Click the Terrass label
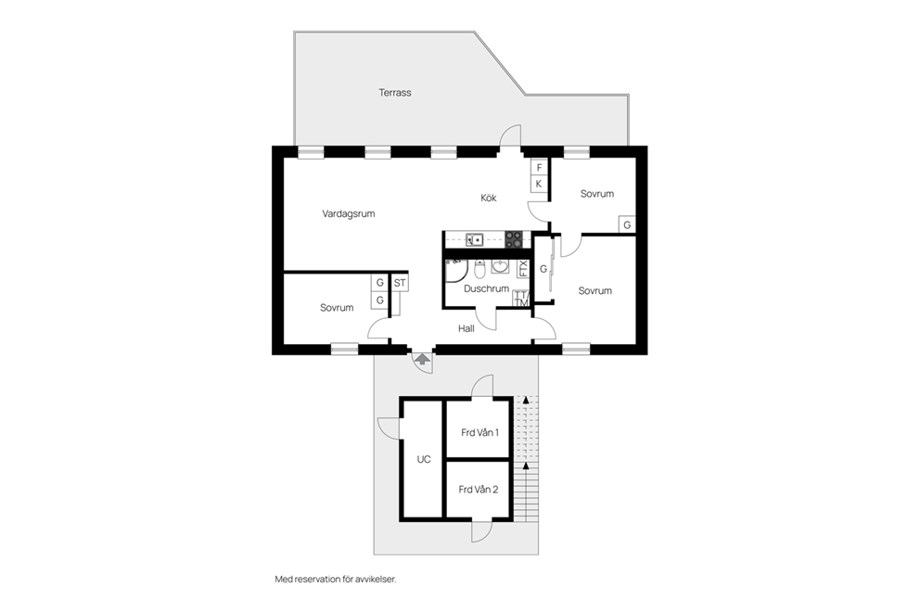394,93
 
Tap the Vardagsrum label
348,214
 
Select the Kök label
488,198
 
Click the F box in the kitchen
539,168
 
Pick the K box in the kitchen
539,184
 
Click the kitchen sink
474,239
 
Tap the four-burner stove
514,239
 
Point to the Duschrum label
486,288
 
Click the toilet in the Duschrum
479,271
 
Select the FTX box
523,269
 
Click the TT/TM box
521,299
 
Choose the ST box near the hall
400,284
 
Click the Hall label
466,329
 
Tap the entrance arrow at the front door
422,359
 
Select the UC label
424,459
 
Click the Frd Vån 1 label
480,433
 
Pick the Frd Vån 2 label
479,490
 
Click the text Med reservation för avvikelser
336,580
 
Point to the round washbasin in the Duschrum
500,267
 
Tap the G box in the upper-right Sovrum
627,224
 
